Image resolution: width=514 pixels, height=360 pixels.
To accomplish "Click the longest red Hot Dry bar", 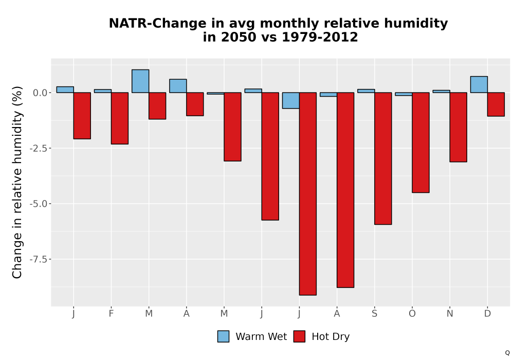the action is pyautogui.click(x=308, y=194).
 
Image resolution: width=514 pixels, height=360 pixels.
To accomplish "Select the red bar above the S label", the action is pyautogui.click(x=383, y=158).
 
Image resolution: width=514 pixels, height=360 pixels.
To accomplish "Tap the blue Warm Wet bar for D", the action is pyautogui.click(x=479, y=84).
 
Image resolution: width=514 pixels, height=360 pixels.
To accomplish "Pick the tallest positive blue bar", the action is pyautogui.click(x=140, y=81).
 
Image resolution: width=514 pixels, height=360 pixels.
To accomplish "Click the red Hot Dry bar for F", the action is pyautogui.click(x=120, y=118).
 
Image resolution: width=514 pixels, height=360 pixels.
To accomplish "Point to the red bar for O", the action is pyautogui.click(x=420, y=142).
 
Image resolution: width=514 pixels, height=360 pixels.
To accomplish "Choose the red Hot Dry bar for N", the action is pyautogui.click(x=458, y=127).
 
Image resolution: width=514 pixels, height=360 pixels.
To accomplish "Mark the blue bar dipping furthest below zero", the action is pyautogui.click(x=291, y=100).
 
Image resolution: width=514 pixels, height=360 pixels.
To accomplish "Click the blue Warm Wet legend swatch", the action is pyautogui.click(x=223, y=336).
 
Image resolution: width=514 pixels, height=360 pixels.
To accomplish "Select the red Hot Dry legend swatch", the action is pyautogui.click(x=299, y=336).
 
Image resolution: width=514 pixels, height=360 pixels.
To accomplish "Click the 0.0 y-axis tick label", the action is pyautogui.click(x=40, y=93).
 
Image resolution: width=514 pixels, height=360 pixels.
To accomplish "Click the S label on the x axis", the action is pyautogui.click(x=374, y=314).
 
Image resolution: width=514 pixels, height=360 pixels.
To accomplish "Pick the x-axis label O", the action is pyautogui.click(x=412, y=314).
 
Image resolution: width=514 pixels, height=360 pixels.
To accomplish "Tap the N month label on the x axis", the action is pyautogui.click(x=450, y=314).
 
